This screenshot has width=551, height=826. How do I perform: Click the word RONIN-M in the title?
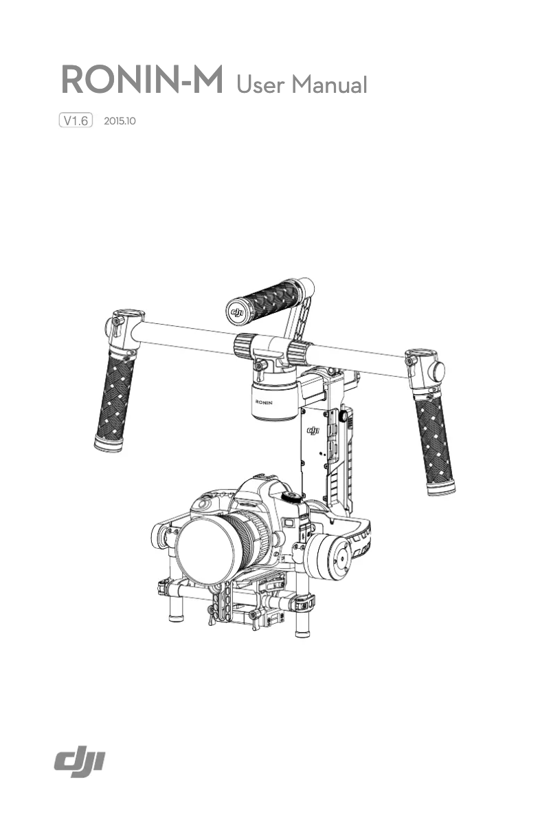(x=143, y=82)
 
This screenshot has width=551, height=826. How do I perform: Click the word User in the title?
(x=260, y=85)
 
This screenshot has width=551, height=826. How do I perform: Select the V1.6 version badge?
(x=76, y=121)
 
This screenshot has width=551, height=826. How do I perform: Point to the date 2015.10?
(x=120, y=121)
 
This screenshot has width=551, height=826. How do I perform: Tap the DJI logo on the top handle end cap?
(x=238, y=313)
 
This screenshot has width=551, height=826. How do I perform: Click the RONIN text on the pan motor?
(x=264, y=401)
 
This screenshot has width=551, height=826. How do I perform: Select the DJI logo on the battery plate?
(x=313, y=431)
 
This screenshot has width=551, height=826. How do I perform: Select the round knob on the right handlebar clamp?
(x=435, y=372)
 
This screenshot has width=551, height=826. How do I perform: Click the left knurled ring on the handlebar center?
(x=245, y=346)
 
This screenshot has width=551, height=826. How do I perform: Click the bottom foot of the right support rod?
(x=301, y=631)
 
